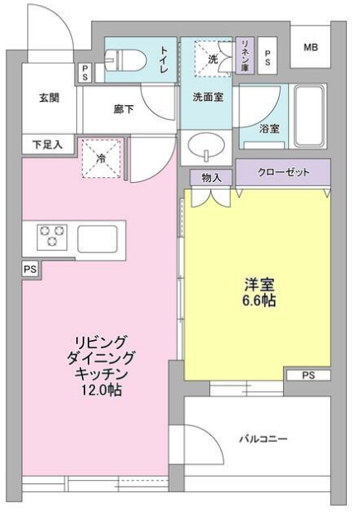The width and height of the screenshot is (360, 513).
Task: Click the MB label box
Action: pyautogui.click(x=310, y=48)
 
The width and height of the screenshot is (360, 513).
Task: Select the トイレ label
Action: pyautogui.click(x=163, y=60)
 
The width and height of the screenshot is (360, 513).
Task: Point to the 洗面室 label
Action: pyautogui.click(x=207, y=97)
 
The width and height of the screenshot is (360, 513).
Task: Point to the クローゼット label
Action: pyautogui.click(x=284, y=172)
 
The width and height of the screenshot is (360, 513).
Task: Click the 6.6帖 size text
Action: pyautogui.click(x=259, y=300)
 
